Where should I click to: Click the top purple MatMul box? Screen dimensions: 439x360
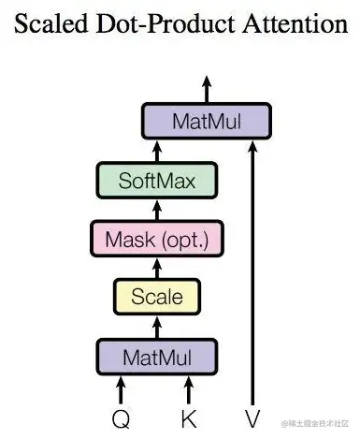click(207, 121)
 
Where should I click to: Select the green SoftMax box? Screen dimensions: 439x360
click(157, 180)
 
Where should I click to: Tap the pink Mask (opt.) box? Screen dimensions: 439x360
click(157, 239)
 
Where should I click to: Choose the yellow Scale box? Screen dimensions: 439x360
click(157, 298)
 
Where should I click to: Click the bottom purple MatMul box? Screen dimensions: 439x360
click(157, 357)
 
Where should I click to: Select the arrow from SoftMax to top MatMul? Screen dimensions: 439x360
click(157, 150)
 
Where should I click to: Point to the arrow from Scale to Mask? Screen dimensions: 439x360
click(157, 268)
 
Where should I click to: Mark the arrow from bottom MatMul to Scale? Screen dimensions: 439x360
click(157, 327)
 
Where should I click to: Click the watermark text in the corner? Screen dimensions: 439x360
click(319, 424)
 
